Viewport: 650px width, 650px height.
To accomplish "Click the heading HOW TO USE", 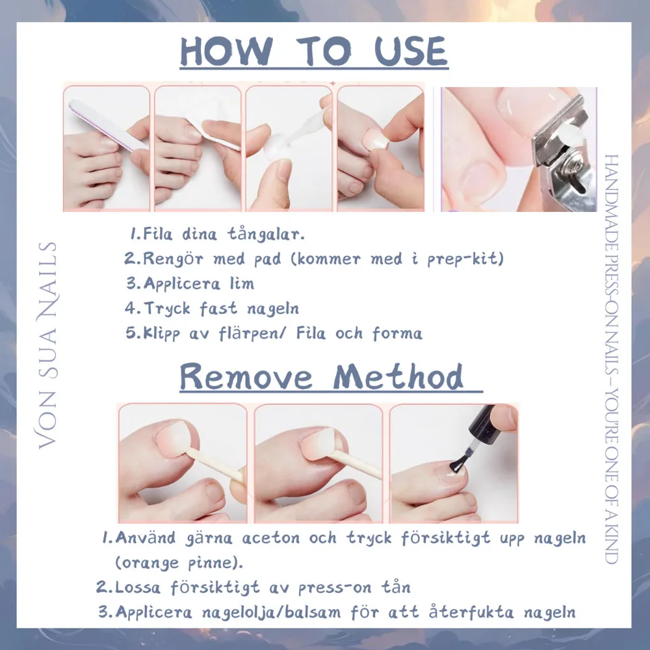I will (314, 53).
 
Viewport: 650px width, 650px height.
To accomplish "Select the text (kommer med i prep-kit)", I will (397, 259).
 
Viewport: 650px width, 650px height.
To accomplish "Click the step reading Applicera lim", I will (190, 283).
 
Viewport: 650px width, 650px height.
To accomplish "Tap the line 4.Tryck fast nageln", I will (212, 308).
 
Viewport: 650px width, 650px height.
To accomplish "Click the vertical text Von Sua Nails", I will (47, 345).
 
